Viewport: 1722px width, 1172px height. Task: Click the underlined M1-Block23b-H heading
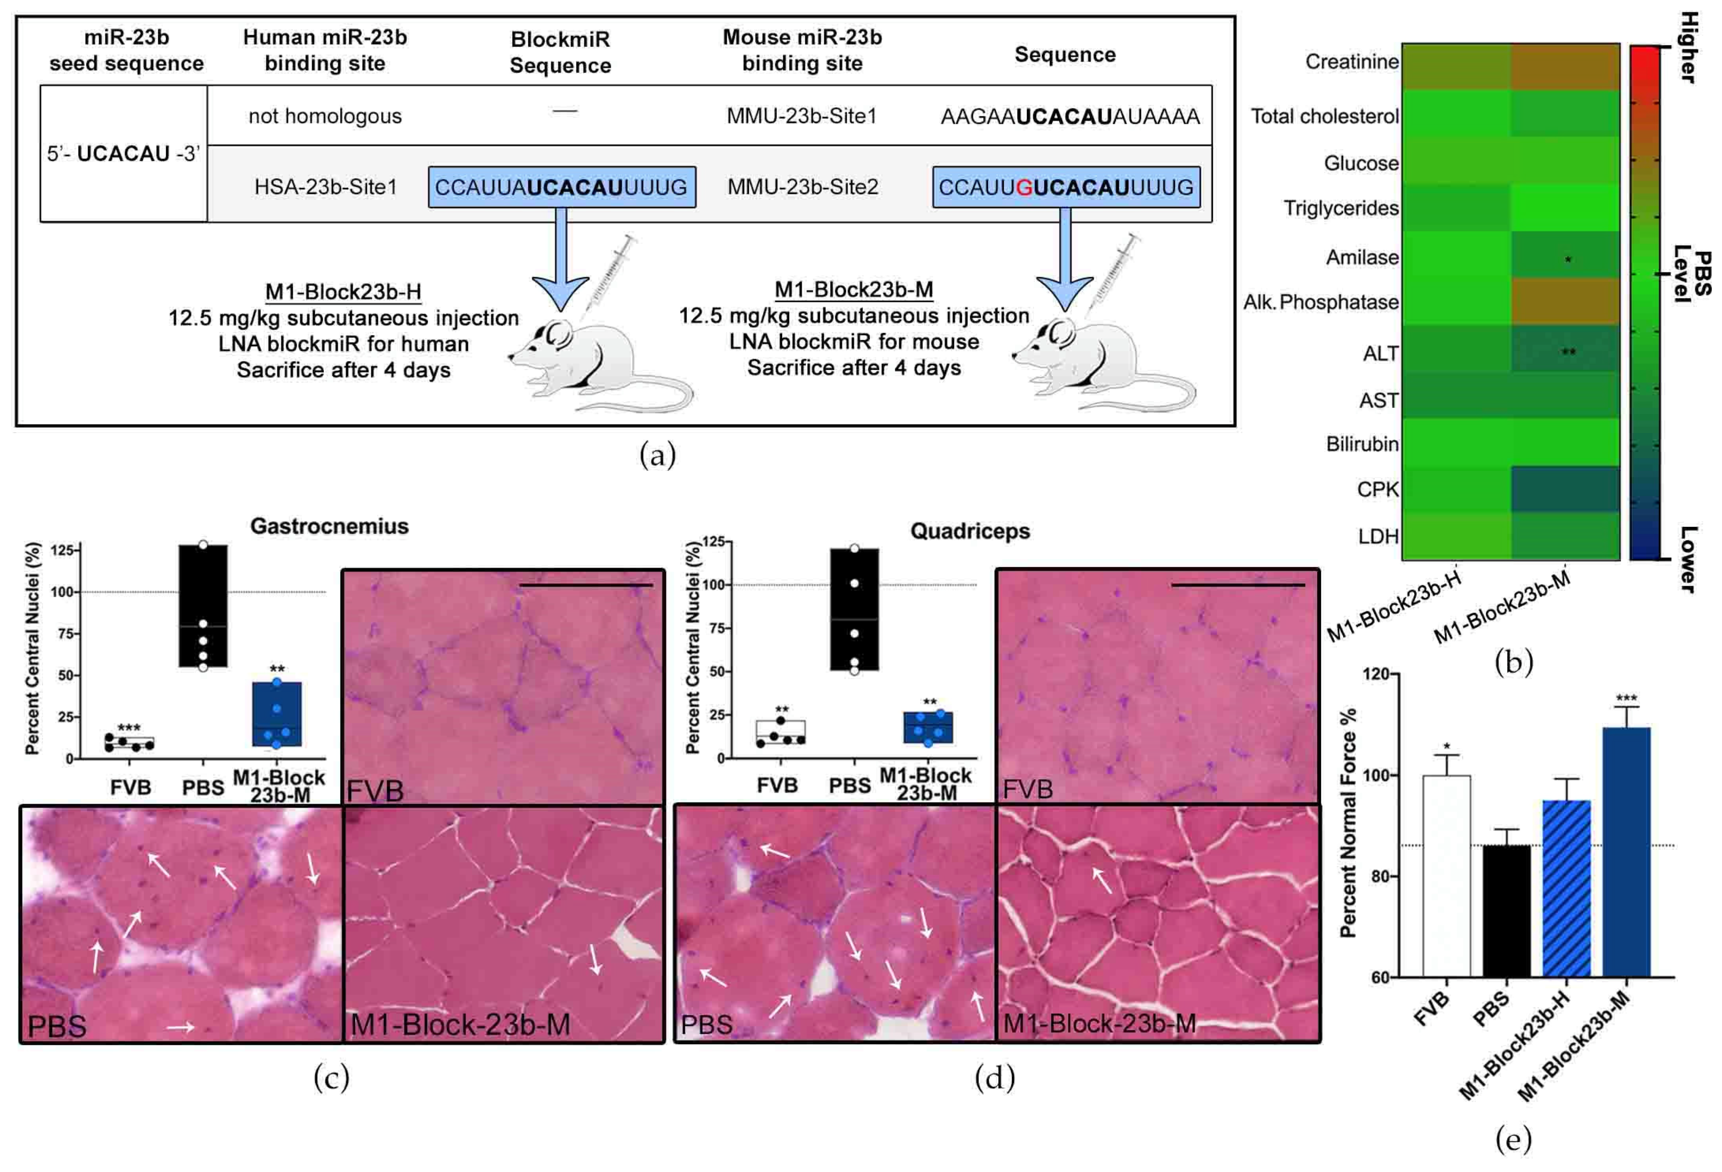pos(343,292)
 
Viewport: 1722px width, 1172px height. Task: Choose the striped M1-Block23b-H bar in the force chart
pos(1566,888)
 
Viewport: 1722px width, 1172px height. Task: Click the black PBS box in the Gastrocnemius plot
pos(203,606)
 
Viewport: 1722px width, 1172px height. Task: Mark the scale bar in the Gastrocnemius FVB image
pos(586,585)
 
